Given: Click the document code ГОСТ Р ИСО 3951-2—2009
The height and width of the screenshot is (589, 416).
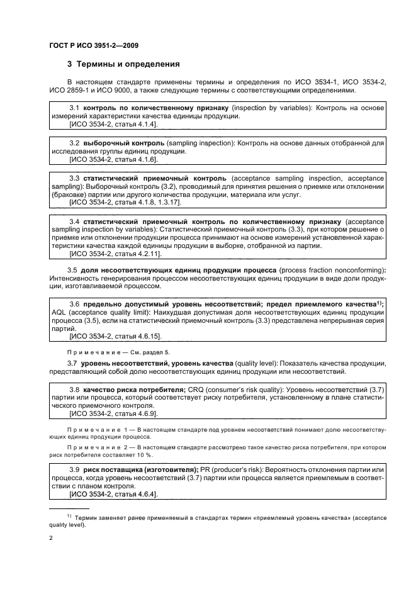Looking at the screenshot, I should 93,46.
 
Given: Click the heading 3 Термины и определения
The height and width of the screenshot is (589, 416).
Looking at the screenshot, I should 123,64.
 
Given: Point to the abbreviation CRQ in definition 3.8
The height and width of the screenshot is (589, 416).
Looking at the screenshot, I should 196,390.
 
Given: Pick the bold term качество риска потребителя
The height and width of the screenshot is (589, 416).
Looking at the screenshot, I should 134,390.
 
